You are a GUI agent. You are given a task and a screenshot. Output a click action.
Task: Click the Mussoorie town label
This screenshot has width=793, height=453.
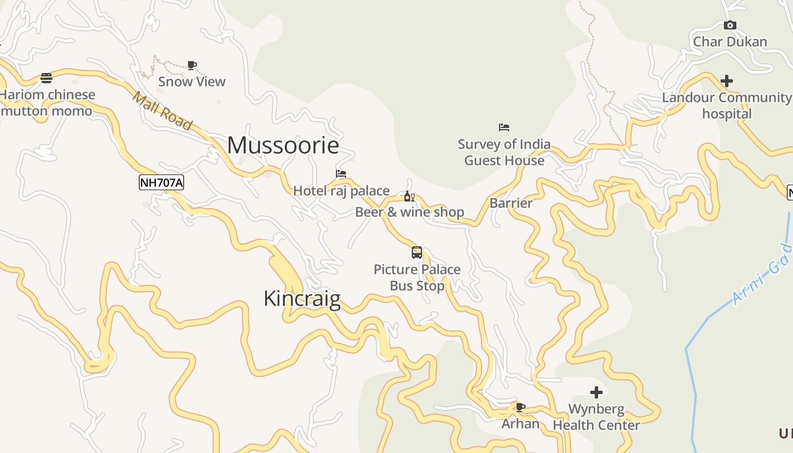(x=283, y=146)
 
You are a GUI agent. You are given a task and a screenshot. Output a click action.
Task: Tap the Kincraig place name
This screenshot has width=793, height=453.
(x=302, y=298)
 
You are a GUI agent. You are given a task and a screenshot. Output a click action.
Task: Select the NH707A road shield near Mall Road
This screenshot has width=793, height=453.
(x=161, y=182)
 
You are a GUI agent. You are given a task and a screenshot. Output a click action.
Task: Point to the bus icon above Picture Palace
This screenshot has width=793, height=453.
(x=417, y=253)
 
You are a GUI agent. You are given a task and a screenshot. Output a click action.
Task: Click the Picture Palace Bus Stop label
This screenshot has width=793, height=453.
(x=417, y=277)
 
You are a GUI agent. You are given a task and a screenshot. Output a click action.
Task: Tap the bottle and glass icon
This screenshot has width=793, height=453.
(x=409, y=196)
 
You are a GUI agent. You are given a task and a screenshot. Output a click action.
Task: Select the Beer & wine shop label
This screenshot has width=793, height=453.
(x=410, y=212)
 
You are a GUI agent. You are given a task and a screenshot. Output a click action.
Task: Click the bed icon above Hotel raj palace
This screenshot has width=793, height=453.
(x=341, y=174)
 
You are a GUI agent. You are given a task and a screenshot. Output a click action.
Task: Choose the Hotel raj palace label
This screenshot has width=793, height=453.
(x=341, y=191)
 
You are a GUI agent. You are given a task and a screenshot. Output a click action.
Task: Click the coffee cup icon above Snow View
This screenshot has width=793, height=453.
(x=192, y=65)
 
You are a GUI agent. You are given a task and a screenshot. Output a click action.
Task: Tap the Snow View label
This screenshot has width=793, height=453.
(x=192, y=82)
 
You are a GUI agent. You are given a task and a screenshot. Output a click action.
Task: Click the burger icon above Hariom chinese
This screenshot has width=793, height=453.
(x=46, y=78)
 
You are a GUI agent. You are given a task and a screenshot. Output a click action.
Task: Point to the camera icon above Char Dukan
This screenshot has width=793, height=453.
(x=730, y=25)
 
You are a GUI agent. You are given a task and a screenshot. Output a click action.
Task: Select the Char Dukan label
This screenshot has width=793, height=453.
(x=730, y=42)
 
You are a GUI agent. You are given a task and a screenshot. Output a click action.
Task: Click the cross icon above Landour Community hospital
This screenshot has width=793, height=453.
(x=727, y=81)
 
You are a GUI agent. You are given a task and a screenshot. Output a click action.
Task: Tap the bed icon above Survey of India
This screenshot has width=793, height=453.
(x=504, y=127)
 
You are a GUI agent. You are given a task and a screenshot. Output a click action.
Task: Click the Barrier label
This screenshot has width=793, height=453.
(x=511, y=203)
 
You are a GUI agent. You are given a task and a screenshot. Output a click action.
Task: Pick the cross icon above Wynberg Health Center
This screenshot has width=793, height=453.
(x=596, y=392)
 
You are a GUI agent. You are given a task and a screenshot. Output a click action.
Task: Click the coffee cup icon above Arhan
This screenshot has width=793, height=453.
(x=520, y=407)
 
